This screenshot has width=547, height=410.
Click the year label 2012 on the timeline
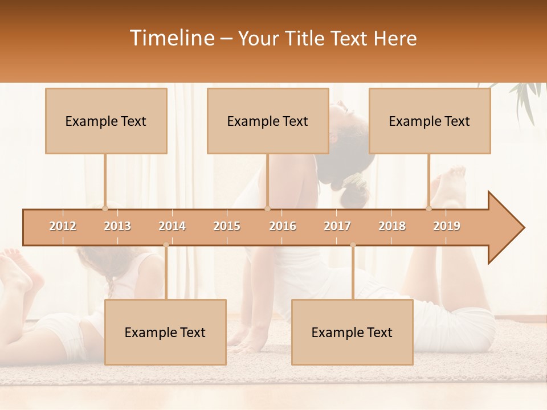[63, 226]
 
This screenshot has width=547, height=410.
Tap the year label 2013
[117, 226]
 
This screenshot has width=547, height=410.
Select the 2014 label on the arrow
[172, 226]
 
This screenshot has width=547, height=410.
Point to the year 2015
[227, 226]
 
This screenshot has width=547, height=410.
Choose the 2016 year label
[283, 226]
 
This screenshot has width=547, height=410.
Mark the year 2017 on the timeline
[337, 226]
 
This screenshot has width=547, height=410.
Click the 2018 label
[392, 226]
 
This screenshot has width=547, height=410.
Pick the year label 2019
[447, 226]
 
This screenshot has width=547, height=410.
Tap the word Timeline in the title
[172, 38]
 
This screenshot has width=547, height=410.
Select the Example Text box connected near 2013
[106, 121]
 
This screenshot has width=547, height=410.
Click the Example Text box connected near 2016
[268, 121]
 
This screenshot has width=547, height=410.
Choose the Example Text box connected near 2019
[430, 121]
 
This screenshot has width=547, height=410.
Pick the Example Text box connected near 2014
[165, 332]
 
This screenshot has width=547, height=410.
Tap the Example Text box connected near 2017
[352, 332]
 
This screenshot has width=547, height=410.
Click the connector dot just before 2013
[105, 208]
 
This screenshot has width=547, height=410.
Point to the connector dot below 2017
[353, 245]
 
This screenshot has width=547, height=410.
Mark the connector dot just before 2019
[428, 208]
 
